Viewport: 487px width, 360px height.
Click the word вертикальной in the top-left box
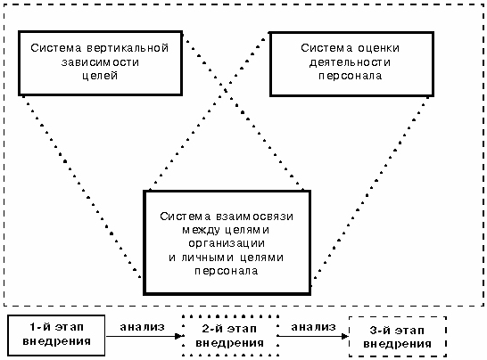click(128, 48)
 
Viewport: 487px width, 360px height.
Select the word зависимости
click(100, 62)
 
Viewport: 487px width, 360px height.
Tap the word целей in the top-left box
click(100, 76)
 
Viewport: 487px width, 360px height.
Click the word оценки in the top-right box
click(378, 48)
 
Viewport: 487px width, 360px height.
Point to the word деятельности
click(350, 62)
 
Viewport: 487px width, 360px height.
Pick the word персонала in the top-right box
click(350, 76)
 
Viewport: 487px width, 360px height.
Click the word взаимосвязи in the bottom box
click(254, 217)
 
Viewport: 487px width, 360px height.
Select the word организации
click(227, 243)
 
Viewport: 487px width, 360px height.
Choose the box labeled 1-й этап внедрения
click(56, 335)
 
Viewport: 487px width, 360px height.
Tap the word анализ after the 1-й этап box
click(142, 327)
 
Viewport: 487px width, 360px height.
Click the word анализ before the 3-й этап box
click(313, 327)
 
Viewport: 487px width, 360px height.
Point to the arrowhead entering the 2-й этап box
click(179, 336)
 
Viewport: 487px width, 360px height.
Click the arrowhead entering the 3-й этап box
click(344, 336)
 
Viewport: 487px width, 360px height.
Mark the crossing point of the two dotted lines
click(226, 89)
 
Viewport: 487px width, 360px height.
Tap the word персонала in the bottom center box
click(227, 271)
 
